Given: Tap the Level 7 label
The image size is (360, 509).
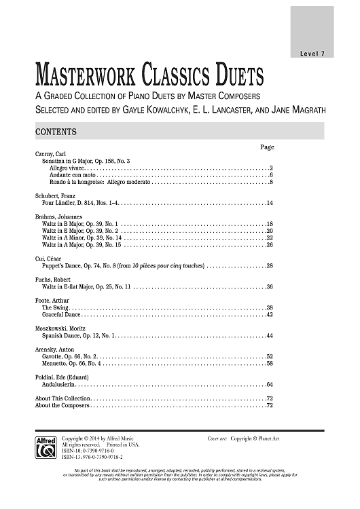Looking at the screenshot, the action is pos(312,54).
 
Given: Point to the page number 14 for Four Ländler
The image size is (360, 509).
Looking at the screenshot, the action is pos(270,202).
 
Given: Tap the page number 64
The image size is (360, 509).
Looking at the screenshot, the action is pos(270,383).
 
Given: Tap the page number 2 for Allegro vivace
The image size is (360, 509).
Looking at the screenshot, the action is pos(271,167).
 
